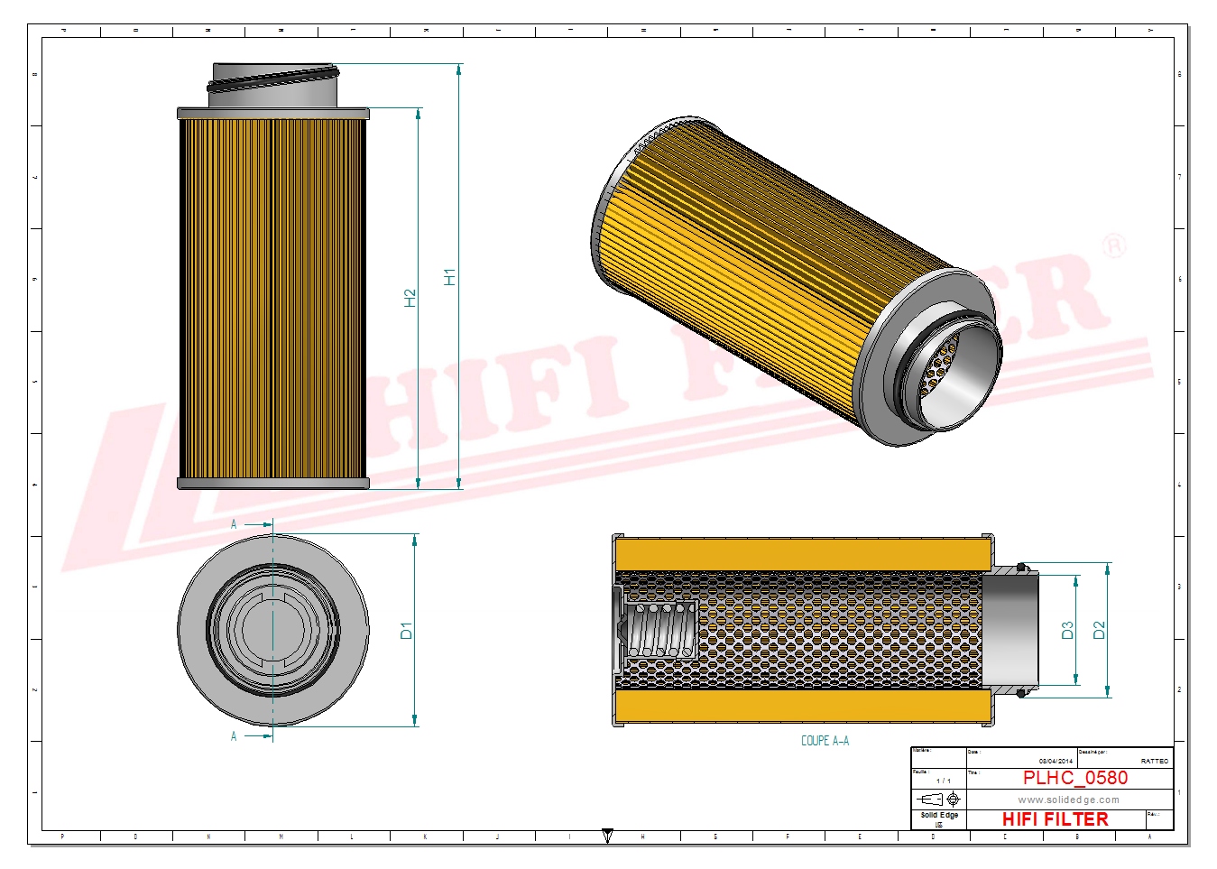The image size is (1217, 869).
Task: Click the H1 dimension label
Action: coord(449,277)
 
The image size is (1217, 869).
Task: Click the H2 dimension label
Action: coord(410,298)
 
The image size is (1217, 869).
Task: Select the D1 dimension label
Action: coord(406,630)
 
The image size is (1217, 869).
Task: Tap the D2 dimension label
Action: coord(1099,630)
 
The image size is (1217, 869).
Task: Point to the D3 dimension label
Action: coord(1067,630)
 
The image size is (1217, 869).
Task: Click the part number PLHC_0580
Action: coord(1074,778)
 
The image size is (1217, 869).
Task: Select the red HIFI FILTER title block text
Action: coord(1055,819)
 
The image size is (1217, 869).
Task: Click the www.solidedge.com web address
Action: coord(1068,800)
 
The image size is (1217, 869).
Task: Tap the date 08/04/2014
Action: coord(1056,762)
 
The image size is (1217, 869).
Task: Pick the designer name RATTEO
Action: coord(1154,762)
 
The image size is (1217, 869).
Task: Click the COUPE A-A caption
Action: coord(825,741)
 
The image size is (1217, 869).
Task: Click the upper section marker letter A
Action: coord(234,524)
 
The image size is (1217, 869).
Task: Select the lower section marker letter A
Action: coord(234,736)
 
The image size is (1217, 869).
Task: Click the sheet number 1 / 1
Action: coord(943,781)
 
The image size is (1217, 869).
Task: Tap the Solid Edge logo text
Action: coord(939,815)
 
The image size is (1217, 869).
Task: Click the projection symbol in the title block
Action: coord(938,800)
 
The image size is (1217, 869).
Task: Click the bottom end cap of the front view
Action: coord(273,484)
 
